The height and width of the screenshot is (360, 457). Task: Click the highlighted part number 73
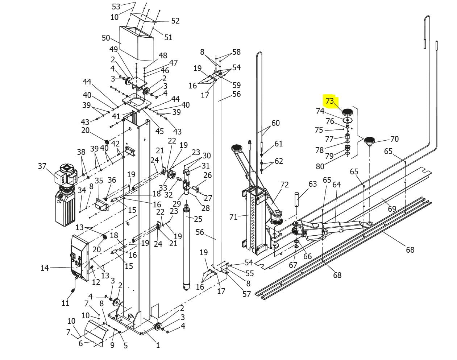329,100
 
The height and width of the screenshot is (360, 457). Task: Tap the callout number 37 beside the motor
42,166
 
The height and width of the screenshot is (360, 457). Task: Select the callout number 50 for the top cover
106,38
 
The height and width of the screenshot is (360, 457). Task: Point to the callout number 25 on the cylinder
198,219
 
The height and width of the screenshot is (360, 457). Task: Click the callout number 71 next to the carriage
233,217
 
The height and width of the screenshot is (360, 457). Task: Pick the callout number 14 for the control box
45,268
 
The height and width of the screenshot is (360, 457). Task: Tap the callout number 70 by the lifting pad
394,139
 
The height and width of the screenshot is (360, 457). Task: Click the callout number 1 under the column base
158,345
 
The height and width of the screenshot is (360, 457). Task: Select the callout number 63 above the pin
313,184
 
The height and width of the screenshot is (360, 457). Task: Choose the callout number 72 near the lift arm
284,185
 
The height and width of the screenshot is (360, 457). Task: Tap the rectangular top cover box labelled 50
137,43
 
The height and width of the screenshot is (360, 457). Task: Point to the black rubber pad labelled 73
347,112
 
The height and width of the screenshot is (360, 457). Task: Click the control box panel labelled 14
80,258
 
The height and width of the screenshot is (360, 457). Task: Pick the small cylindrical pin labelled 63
296,199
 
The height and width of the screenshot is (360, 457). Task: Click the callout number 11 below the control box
65,303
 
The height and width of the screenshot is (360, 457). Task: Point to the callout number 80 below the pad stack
320,166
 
